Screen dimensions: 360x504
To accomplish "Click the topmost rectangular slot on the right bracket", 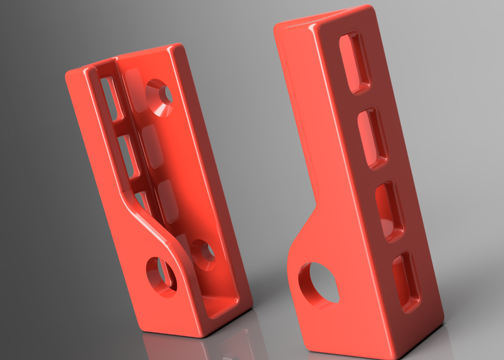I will point(355,63).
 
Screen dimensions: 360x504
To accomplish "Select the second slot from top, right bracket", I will point(373,138).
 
